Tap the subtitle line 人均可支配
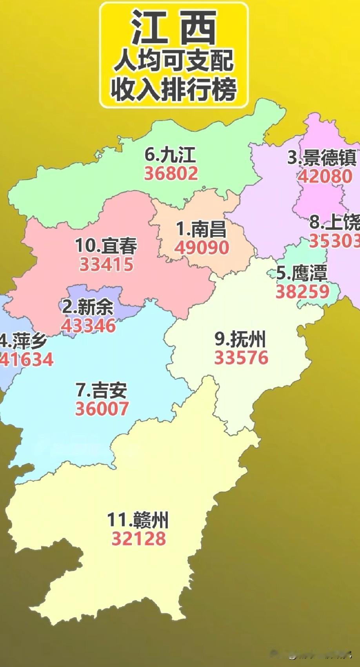pyautogui.click(x=174, y=61)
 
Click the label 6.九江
pyautogui.click(x=170, y=155)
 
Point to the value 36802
pyautogui.click(x=171, y=173)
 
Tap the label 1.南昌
pyautogui.click(x=201, y=229)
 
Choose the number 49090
pyautogui.click(x=202, y=248)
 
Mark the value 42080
pyautogui.click(x=325, y=176)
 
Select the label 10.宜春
pyautogui.click(x=106, y=246)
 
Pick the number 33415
pyautogui.click(x=106, y=264)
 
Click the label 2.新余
pyautogui.click(x=88, y=307)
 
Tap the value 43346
pyautogui.click(x=88, y=326)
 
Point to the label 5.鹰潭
pyautogui.click(x=302, y=273)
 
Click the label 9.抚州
pyautogui.click(x=240, y=339)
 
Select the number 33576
pyautogui.click(x=241, y=358)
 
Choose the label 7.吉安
pyautogui.click(x=102, y=390)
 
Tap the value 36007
pyautogui.click(x=102, y=409)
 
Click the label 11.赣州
pyautogui.click(x=138, y=520)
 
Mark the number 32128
pyautogui.click(x=139, y=539)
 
